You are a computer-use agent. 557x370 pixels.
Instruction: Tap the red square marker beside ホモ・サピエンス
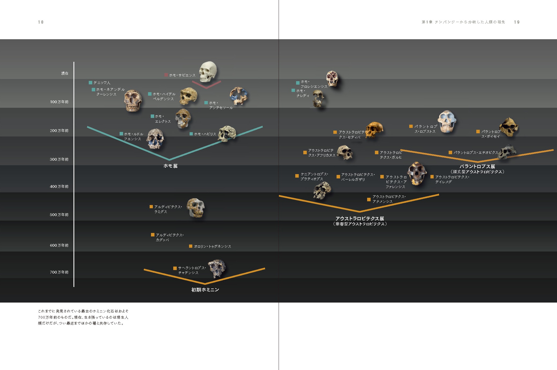pyautogui.click(x=166, y=75)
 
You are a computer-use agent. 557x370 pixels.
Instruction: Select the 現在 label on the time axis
pyautogui.click(x=65, y=73)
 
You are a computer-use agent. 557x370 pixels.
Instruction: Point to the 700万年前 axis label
pyautogui.click(x=59, y=272)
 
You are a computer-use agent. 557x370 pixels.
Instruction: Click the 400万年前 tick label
pyautogui.click(x=59, y=186)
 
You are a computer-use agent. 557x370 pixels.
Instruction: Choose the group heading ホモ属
pyautogui.click(x=170, y=166)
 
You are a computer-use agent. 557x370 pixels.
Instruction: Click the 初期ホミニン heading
pyautogui.click(x=205, y=290)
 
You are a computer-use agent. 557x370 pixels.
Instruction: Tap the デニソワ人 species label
pyautogui.click(x=102, y=83)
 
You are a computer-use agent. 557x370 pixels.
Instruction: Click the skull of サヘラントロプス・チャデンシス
pyautogui.click(x=217, y=268)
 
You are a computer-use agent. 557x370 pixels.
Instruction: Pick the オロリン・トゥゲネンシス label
pyautogui.click(x=212, y=246)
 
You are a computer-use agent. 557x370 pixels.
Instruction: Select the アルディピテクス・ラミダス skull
pyautogui.click(x=195, y=208)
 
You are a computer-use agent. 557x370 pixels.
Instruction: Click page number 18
pyautogui.click(x=41, y=22)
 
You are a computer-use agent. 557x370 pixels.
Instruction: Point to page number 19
pyautogui.click(x=517, y=22)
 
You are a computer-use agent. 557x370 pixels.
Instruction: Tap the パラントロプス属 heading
pyautogui.click(x=477, y=166)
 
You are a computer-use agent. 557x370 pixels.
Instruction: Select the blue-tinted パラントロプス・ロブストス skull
pyautogui.click(x=447, y=122)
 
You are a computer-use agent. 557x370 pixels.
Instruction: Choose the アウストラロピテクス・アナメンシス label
pyautogui.click(x=389, y=199)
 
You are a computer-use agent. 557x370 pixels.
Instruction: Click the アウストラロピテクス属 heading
pyautogui.click(x=360, y=218)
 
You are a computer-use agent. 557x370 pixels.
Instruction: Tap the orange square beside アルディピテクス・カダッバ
pyautogui.click(x=153, y=235)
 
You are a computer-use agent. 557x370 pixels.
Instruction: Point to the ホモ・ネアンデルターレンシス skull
pyautogui.click(x=132, y=100)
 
